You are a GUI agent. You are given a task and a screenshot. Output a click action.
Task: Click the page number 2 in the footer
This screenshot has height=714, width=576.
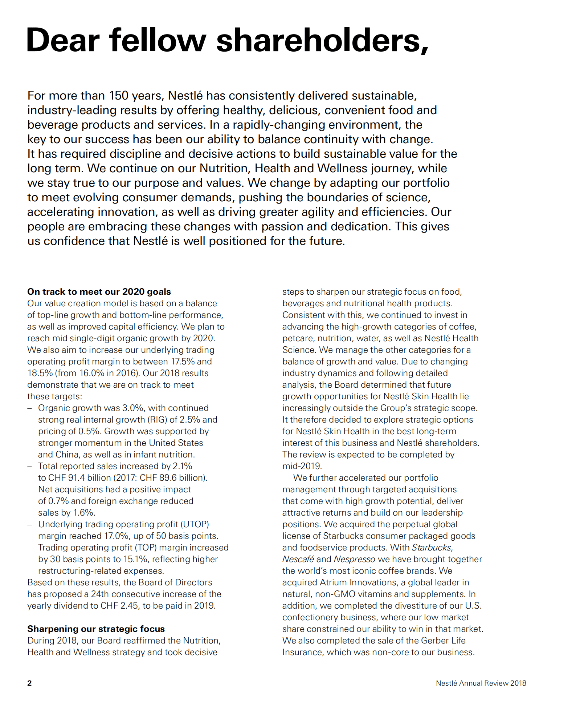[x=29, y=683]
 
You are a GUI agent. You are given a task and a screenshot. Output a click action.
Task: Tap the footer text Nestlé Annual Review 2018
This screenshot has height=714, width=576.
[x=481, y=683]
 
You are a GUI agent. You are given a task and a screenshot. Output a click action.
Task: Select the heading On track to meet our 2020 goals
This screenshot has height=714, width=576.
[x=99, y=291]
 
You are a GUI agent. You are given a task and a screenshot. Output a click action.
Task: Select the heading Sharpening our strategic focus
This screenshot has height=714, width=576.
[x=96, y=629]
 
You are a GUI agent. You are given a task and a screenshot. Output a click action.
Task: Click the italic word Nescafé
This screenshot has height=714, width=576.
[x=298, y=559]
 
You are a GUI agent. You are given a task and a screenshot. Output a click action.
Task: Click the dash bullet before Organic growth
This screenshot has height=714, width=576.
[x=30, y=408]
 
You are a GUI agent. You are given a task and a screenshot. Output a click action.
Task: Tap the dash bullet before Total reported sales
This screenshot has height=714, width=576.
[x=30, y=466]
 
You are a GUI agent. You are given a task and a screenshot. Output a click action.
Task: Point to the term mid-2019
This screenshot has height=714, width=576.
[x=301, y=466]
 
